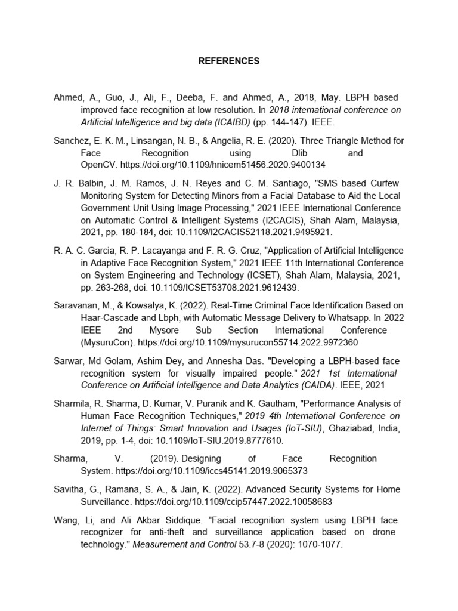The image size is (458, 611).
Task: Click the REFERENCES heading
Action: [229, 61]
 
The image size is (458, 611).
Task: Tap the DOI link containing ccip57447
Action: [233, 501]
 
